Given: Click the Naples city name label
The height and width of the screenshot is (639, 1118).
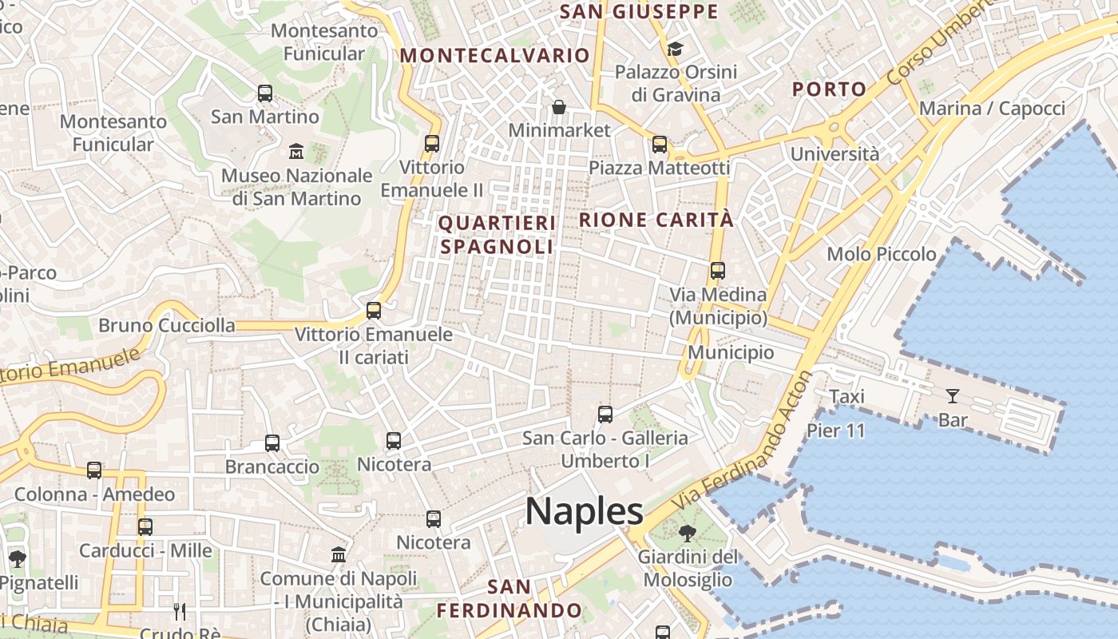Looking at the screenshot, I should (584, 511).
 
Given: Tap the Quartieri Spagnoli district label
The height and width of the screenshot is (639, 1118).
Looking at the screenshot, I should (497, 235).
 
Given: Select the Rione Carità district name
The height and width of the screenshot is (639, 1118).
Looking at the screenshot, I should (656, 220).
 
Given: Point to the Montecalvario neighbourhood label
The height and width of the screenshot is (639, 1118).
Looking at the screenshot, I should (495, 55).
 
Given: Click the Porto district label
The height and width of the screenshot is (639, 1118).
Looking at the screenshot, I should (829, 89).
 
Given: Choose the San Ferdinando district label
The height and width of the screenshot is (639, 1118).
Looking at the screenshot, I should (509, 599).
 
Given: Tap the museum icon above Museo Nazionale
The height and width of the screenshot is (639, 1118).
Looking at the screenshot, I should (296, 151).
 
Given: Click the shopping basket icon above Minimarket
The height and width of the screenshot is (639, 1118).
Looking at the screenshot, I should (559, 106).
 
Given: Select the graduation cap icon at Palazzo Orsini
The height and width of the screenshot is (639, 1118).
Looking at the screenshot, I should (676, 49).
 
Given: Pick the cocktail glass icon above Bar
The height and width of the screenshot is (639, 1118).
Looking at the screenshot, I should (953, 395).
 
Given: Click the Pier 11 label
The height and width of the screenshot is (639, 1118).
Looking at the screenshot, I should (836, 431).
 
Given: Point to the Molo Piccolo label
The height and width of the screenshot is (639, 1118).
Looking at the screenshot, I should (882, 254).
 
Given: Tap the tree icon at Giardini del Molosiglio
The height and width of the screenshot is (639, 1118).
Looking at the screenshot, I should (687, 533).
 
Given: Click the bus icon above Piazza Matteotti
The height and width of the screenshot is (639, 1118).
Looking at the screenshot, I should (660, 145).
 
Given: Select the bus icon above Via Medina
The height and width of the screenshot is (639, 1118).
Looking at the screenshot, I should (718, 271).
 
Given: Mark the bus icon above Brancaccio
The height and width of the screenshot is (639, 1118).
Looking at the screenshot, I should (272, 443).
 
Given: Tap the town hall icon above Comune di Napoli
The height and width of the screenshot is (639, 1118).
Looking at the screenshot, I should (339, 554).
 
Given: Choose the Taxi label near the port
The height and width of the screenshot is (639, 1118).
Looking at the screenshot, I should (846, 397).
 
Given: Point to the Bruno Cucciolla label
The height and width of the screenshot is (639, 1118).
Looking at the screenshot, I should (167, 325).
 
